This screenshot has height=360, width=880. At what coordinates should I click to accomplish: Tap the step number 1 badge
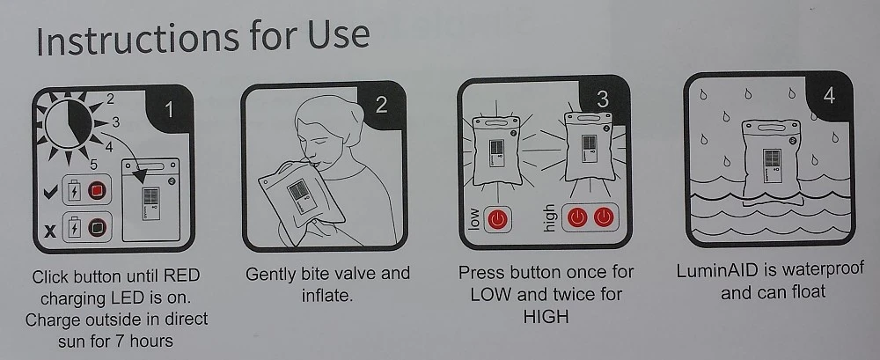coord(168,110)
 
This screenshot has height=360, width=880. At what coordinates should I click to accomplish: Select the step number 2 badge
coord(382,105)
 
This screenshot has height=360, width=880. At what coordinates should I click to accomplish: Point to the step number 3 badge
coord(602,99)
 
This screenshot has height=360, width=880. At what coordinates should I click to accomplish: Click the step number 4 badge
coord(828,96)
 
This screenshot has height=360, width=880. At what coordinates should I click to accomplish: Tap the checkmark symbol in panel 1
coord(50,193)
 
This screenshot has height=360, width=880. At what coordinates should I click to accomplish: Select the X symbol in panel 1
coord(50,231)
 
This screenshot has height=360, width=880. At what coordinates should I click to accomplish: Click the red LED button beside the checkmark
coord(97,191)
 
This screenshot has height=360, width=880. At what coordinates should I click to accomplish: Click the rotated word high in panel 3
coord(548,217)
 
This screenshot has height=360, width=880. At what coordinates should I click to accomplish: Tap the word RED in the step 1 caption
coord(181,276)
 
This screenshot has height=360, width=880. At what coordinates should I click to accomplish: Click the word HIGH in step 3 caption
coord(546,316)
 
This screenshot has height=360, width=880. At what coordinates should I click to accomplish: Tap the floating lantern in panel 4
coord(770,162)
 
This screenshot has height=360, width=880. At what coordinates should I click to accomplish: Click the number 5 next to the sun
coord(93,165)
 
